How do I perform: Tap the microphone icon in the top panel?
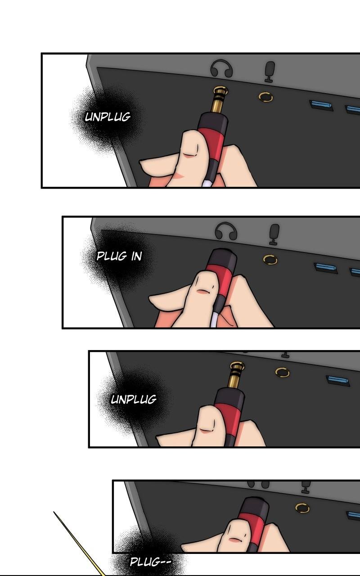tap(270, 72)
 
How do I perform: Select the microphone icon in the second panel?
tap(274, 234)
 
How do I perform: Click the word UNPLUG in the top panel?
tap(108, 117)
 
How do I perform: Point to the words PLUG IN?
tap(119, 256)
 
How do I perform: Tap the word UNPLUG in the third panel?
tap(134, 399)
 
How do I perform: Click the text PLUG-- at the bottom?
tap(150, 562)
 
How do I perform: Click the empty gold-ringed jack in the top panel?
tap(265, 97)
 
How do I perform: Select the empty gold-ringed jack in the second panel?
tap(270, 260)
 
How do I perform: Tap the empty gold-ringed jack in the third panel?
tap(282, 372)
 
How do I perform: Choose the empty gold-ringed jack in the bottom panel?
tap(302, 508)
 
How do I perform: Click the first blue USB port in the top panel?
tap(321, 105)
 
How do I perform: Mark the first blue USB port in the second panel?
tap(325, 268)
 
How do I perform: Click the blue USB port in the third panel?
tap(337, 380)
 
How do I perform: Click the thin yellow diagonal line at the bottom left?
tap(79, 544)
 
